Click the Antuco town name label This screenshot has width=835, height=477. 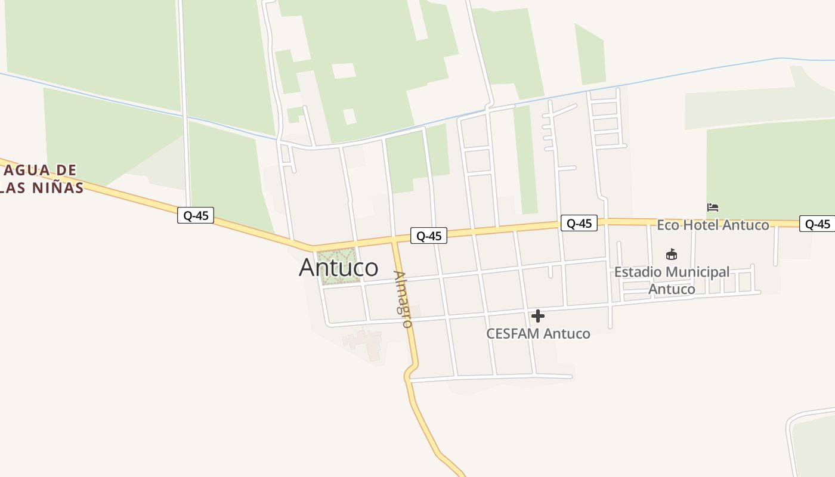click(x=338, y=268)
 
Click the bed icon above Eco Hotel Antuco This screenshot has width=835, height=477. click(x=713, y=207)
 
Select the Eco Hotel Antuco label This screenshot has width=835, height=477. click(x=713, y=225)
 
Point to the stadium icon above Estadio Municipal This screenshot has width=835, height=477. click(x=672, y=255)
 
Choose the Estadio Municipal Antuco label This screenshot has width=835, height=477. click(x=672, y=280)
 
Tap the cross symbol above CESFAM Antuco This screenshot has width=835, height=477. click(x=538, y=316)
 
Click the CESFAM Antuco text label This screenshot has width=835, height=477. click(x=538, y=334)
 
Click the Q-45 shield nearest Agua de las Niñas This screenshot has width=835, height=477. click(x=196, y=215)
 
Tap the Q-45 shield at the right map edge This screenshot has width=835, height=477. click(x=817, y=224)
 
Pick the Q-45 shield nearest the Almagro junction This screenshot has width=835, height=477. click(x=428, y=236)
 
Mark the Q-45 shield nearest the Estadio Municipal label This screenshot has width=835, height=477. click(x=579, y=224)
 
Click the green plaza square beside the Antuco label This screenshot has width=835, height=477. click(x=340, y=266)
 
